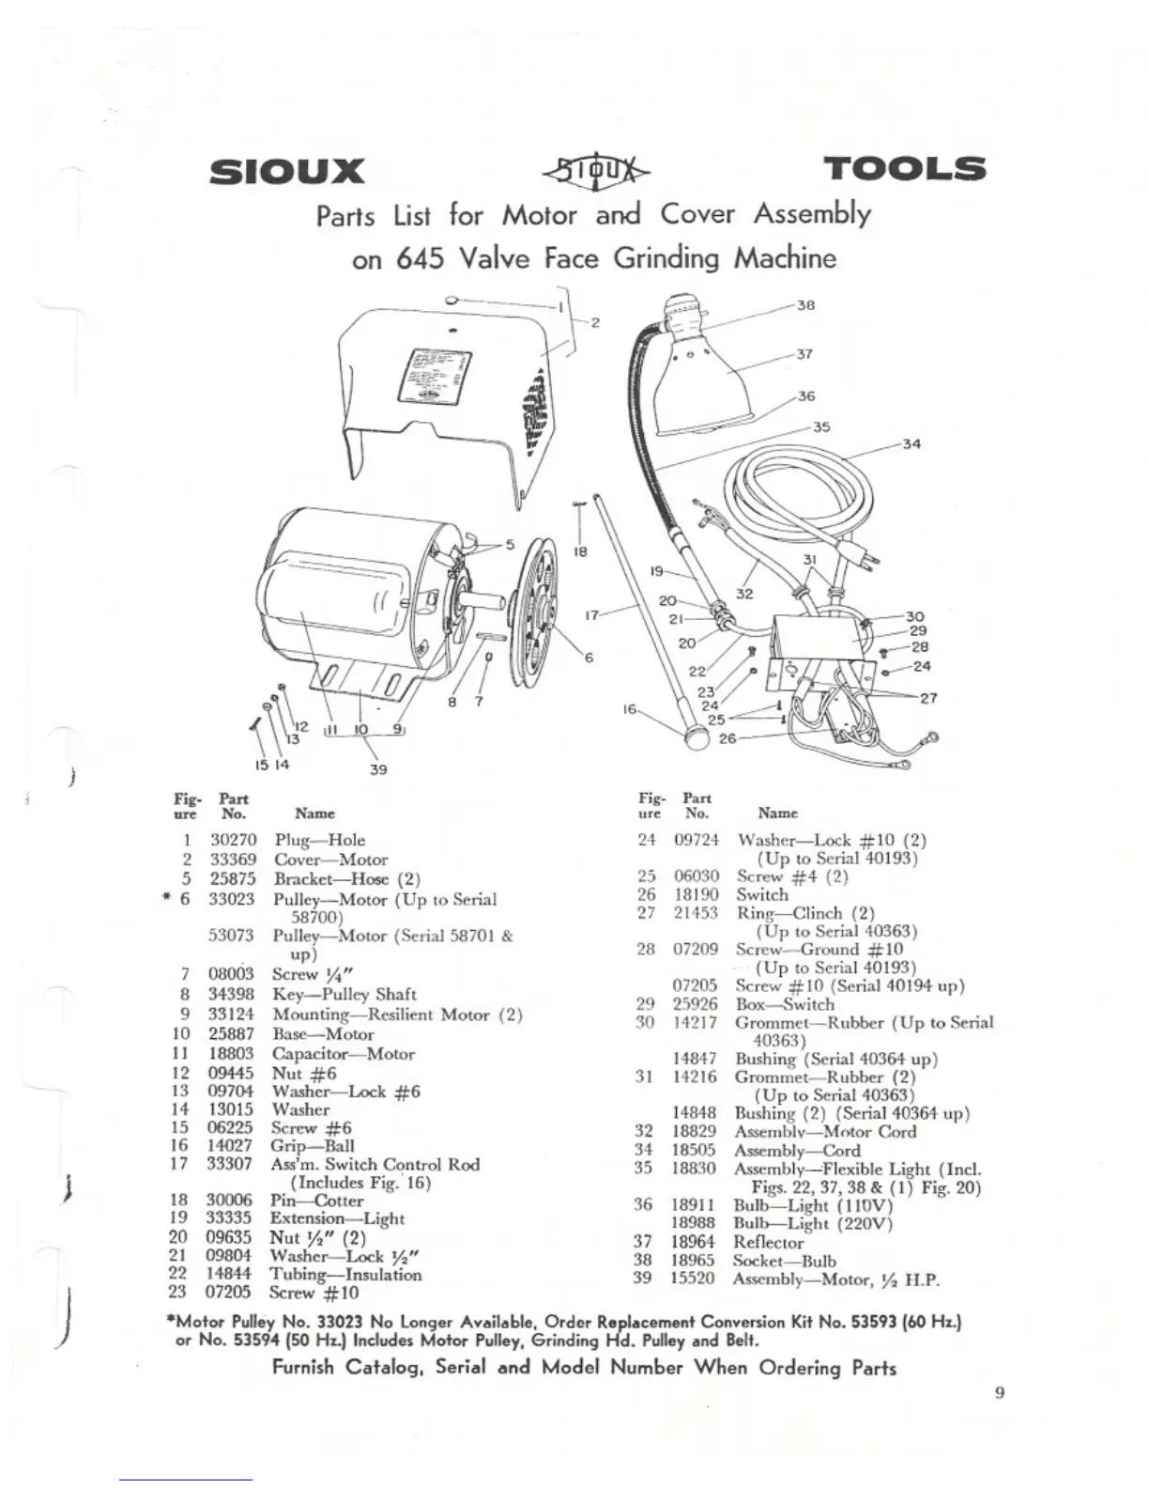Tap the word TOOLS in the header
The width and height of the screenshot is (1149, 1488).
click(904, 169)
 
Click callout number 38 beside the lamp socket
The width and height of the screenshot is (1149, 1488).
click(805, 305)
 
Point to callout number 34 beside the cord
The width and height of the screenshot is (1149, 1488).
click(912, 443)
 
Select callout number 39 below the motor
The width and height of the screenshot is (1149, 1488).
click(377, 768)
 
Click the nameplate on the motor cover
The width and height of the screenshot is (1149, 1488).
click(435, 376)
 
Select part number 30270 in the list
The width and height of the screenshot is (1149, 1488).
click(234, 840)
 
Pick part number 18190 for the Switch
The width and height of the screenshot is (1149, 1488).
click(696, 894)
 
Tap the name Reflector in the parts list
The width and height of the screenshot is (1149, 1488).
click(769, 1242)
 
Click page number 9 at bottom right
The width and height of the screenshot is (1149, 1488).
click(1000, 1392)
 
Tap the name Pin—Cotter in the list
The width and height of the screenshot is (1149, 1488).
click(316, 1201)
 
